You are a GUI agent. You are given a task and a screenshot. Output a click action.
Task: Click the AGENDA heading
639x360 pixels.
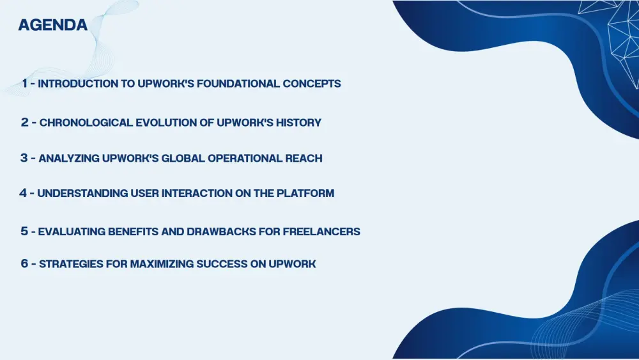pyautogui.click(x=53, y=25)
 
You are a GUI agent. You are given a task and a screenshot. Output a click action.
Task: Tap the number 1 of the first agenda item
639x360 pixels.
pyautogui.click(x=25, y=83)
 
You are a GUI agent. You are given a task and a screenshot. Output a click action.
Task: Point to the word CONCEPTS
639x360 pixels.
pyautogui.click(x=312, y=84)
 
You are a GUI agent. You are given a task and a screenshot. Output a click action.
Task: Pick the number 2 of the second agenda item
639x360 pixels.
pyautogui.click(x=25, y=122)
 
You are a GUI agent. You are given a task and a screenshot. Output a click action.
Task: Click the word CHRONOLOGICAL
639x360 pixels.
pyautogui.click(x=86, y=123)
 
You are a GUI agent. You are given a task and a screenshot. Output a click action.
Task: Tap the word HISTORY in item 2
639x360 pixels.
pyautogui.click(x=298, y=123)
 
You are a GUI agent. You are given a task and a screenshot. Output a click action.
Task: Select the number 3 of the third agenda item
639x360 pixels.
pyautogui.click(x=24, y=158)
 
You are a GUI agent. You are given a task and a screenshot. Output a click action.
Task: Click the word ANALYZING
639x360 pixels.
pyautogui.click(x=69, y=158)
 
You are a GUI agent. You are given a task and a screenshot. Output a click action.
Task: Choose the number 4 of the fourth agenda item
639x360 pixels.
pyautogui.click(x=23, y=193)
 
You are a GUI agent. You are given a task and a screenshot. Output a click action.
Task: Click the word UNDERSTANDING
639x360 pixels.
pyautogui.click(x=82, y=193)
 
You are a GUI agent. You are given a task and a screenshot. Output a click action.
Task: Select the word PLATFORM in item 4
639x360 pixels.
pyautogui.click(x=305, y=193)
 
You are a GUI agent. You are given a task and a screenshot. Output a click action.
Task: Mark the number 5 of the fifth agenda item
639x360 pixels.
pyautogui.click(x=24, y=231)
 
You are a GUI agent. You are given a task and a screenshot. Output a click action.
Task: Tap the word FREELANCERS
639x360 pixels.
pyautogui.click(x=321, y=231)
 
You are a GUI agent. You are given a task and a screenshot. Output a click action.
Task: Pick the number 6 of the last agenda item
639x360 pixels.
pyautogui.click(x=24, y=263)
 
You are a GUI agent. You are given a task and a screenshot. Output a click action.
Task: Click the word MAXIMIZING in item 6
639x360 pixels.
pyautogui.click(x=162, y=264)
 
